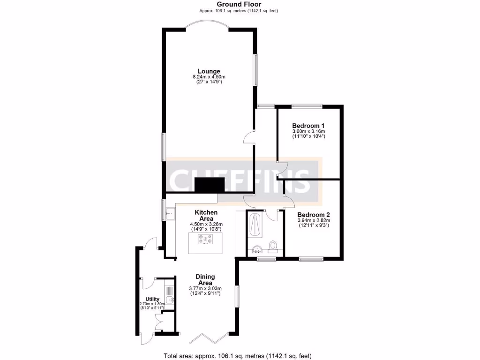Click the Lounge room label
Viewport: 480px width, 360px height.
point(209,71)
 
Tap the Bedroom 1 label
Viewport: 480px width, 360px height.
point(308,126)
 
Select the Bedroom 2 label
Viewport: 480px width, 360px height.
point(314,214)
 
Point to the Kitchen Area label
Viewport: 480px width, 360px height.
point(206,215)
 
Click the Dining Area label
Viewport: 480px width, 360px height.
point(205,279)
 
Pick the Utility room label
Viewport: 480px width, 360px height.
point(152,299)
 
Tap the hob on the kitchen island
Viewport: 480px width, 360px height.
point(206,240)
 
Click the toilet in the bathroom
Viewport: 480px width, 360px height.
point(274,246)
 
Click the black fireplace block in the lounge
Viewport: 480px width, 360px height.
point(210,185)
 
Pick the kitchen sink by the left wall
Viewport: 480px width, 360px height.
point(169,214)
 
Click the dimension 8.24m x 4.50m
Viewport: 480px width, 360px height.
point(209,77)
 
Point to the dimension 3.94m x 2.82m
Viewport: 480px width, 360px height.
point(314,220)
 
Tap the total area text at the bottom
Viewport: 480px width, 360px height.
point(237,356)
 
